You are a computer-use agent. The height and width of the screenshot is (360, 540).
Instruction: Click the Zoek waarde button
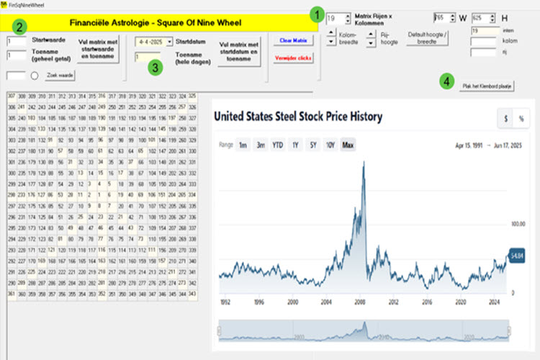tap(59, 74)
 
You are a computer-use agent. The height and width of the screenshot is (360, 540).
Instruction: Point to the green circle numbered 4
tap(447, 81)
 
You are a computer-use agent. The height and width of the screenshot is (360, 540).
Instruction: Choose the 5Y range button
tap(314, 145)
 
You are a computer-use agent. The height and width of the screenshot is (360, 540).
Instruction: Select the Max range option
tap(348, 145)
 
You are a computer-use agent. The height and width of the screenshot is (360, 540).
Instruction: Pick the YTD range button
tap(278, 145)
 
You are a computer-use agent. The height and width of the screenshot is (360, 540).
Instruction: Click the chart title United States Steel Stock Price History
tap(298, 117)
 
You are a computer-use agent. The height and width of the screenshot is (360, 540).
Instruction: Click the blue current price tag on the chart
tap(516, 256)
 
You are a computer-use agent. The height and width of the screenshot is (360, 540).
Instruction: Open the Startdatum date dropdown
tap(169, 42)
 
